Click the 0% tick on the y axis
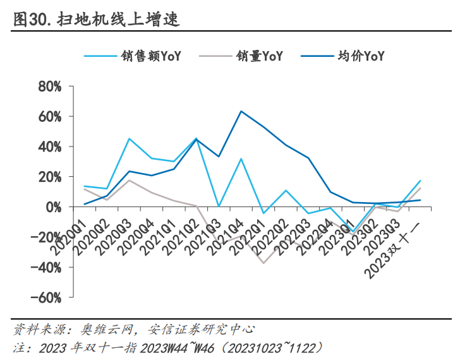53,207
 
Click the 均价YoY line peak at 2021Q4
241,111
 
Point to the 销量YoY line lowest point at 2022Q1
263,263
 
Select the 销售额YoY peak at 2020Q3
130,139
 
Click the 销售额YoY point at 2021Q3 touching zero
219,207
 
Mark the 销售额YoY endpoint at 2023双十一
420,181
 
